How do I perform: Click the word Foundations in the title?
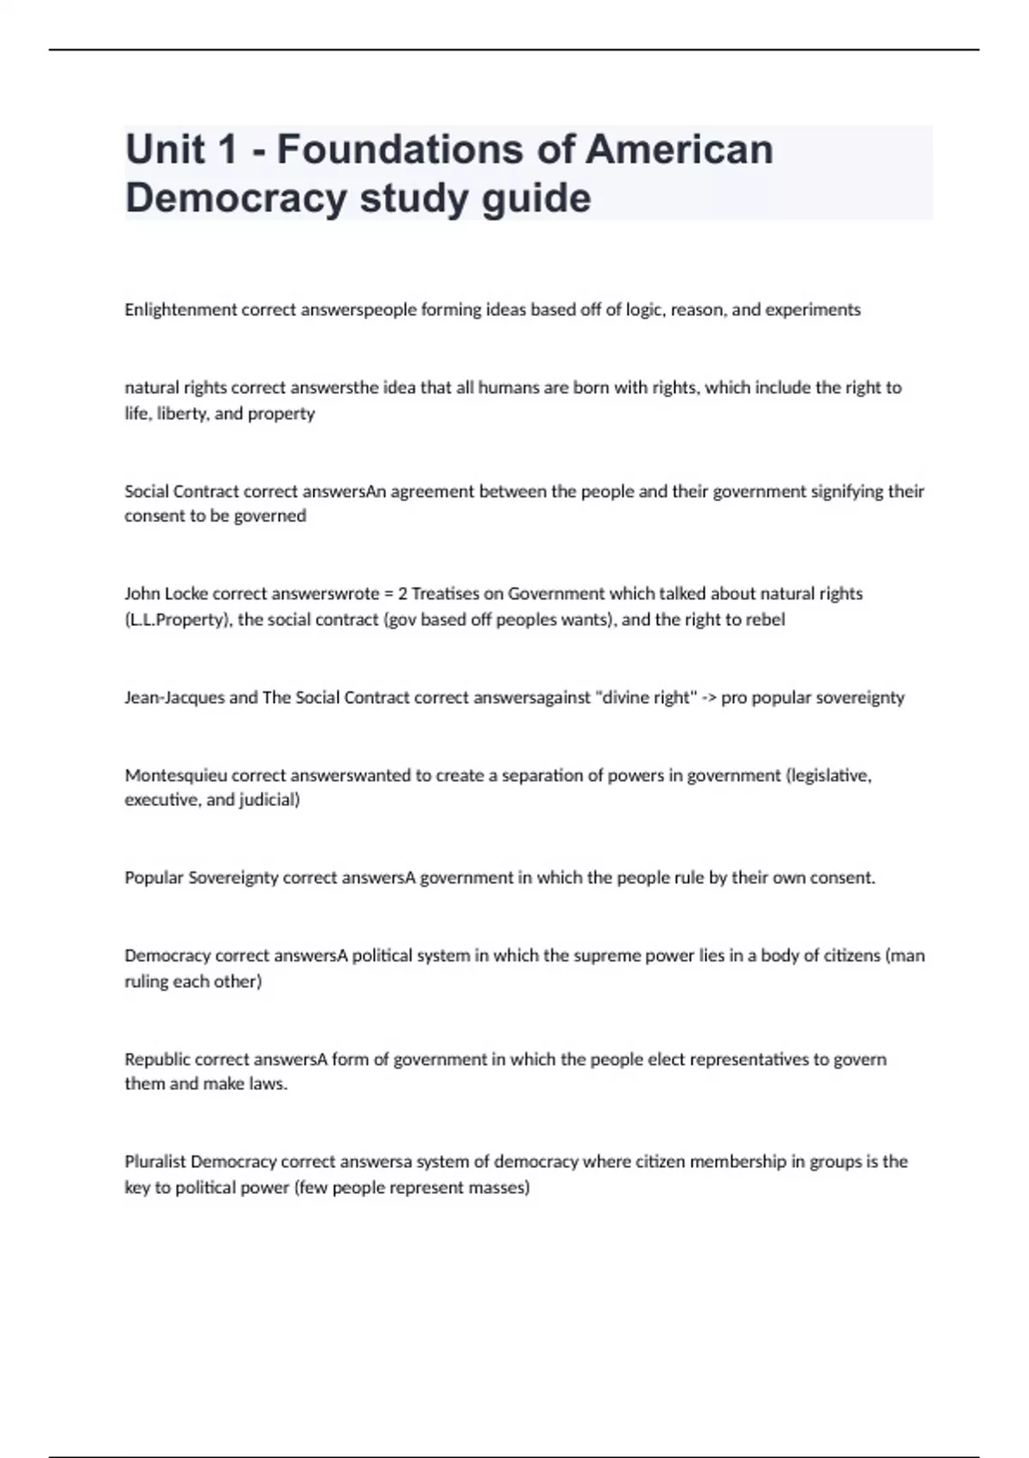click(400, 149)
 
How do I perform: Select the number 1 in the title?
click(226, 149)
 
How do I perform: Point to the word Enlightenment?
click(180, 310)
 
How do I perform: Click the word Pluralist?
click(155, 1162)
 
